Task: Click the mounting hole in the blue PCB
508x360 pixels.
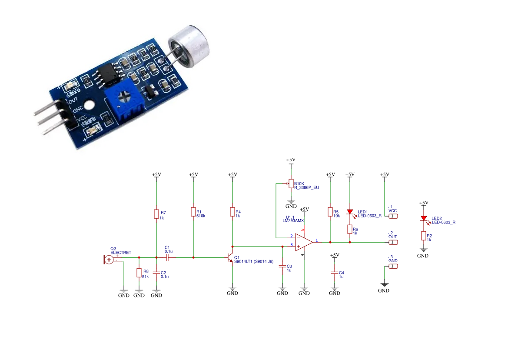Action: (90, 105)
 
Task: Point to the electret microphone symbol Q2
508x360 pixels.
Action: (109, 260)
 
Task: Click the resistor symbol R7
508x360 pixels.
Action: (156, 214)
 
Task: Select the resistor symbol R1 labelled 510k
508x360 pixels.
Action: (193, 212)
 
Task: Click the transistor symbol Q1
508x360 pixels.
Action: (230, 258)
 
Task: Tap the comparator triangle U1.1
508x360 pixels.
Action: (303, 242)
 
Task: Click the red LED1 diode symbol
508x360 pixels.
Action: (350, 212)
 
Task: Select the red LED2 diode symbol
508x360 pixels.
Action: (424, 219)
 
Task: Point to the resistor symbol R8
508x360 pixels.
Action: (139, 273)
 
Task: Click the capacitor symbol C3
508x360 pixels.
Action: (282, 266)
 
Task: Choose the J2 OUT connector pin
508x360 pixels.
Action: (393, 242)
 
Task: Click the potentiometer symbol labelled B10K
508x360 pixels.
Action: (291, 184)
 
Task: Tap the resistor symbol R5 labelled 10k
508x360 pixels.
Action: (330, 212)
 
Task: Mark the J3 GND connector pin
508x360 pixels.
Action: (393, 266)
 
